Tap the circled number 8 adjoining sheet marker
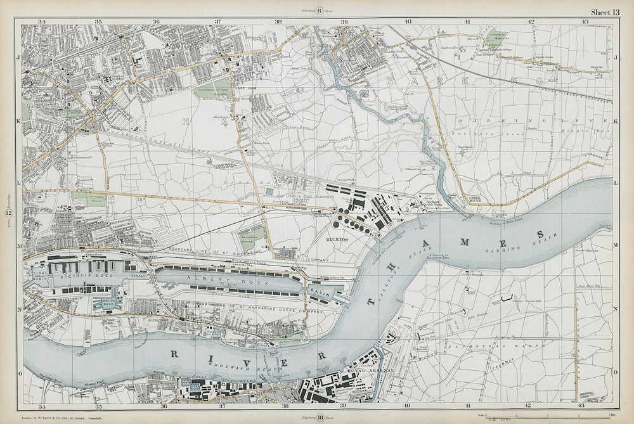[x=320, y=10]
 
